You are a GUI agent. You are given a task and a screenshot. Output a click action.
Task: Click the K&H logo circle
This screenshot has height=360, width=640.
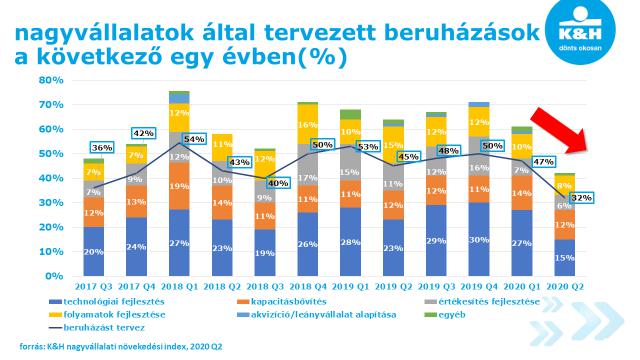(x=580, y=29)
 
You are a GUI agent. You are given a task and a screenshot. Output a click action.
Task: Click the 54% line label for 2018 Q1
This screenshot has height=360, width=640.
(x=194, y=139)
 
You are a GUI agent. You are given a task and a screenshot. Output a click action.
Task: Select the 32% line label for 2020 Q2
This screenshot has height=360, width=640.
(x=581, y=198)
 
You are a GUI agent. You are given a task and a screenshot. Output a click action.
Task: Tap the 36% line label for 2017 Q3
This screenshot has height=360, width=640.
(x=102, y=148)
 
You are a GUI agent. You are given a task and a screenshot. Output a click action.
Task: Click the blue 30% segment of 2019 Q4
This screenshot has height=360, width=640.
(x=479, y=239)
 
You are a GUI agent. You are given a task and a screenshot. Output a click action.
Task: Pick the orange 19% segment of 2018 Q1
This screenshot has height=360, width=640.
(x=180, y=187)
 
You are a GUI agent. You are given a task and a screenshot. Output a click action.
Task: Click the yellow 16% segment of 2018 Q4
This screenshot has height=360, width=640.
(x=308, y=124)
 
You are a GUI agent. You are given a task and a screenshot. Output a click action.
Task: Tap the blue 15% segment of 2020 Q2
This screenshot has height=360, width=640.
(x=564, y=258)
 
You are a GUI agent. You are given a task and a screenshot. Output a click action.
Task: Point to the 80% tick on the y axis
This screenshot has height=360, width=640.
(x=51, y=80)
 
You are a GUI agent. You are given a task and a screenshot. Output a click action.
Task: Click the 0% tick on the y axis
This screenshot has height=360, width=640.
(x=55, y=276)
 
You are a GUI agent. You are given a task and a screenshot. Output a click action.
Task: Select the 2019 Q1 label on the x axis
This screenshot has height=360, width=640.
(x=351, y=287)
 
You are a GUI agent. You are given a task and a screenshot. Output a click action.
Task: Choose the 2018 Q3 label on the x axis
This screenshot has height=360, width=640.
(x=265, y=287)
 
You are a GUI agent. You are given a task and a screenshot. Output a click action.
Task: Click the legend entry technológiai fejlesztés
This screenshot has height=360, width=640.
(x=107, y=302)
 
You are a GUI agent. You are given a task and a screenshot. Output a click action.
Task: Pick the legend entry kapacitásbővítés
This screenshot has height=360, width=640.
(x=282, y=302)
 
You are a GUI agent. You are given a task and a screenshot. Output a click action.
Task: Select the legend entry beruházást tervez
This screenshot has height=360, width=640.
(x=97, y=327)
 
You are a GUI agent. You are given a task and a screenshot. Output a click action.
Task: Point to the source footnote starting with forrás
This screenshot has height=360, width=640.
(x=121, y=347)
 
